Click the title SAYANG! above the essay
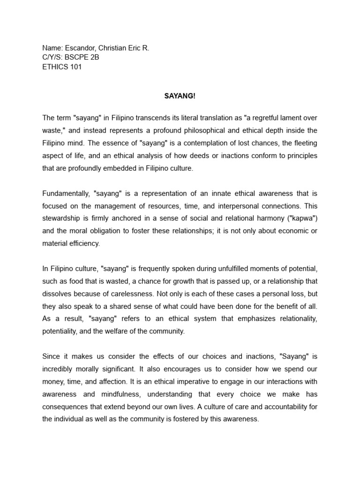coord(180,95)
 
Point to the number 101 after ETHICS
coord(75,67)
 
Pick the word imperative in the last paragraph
coord(193,381)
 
